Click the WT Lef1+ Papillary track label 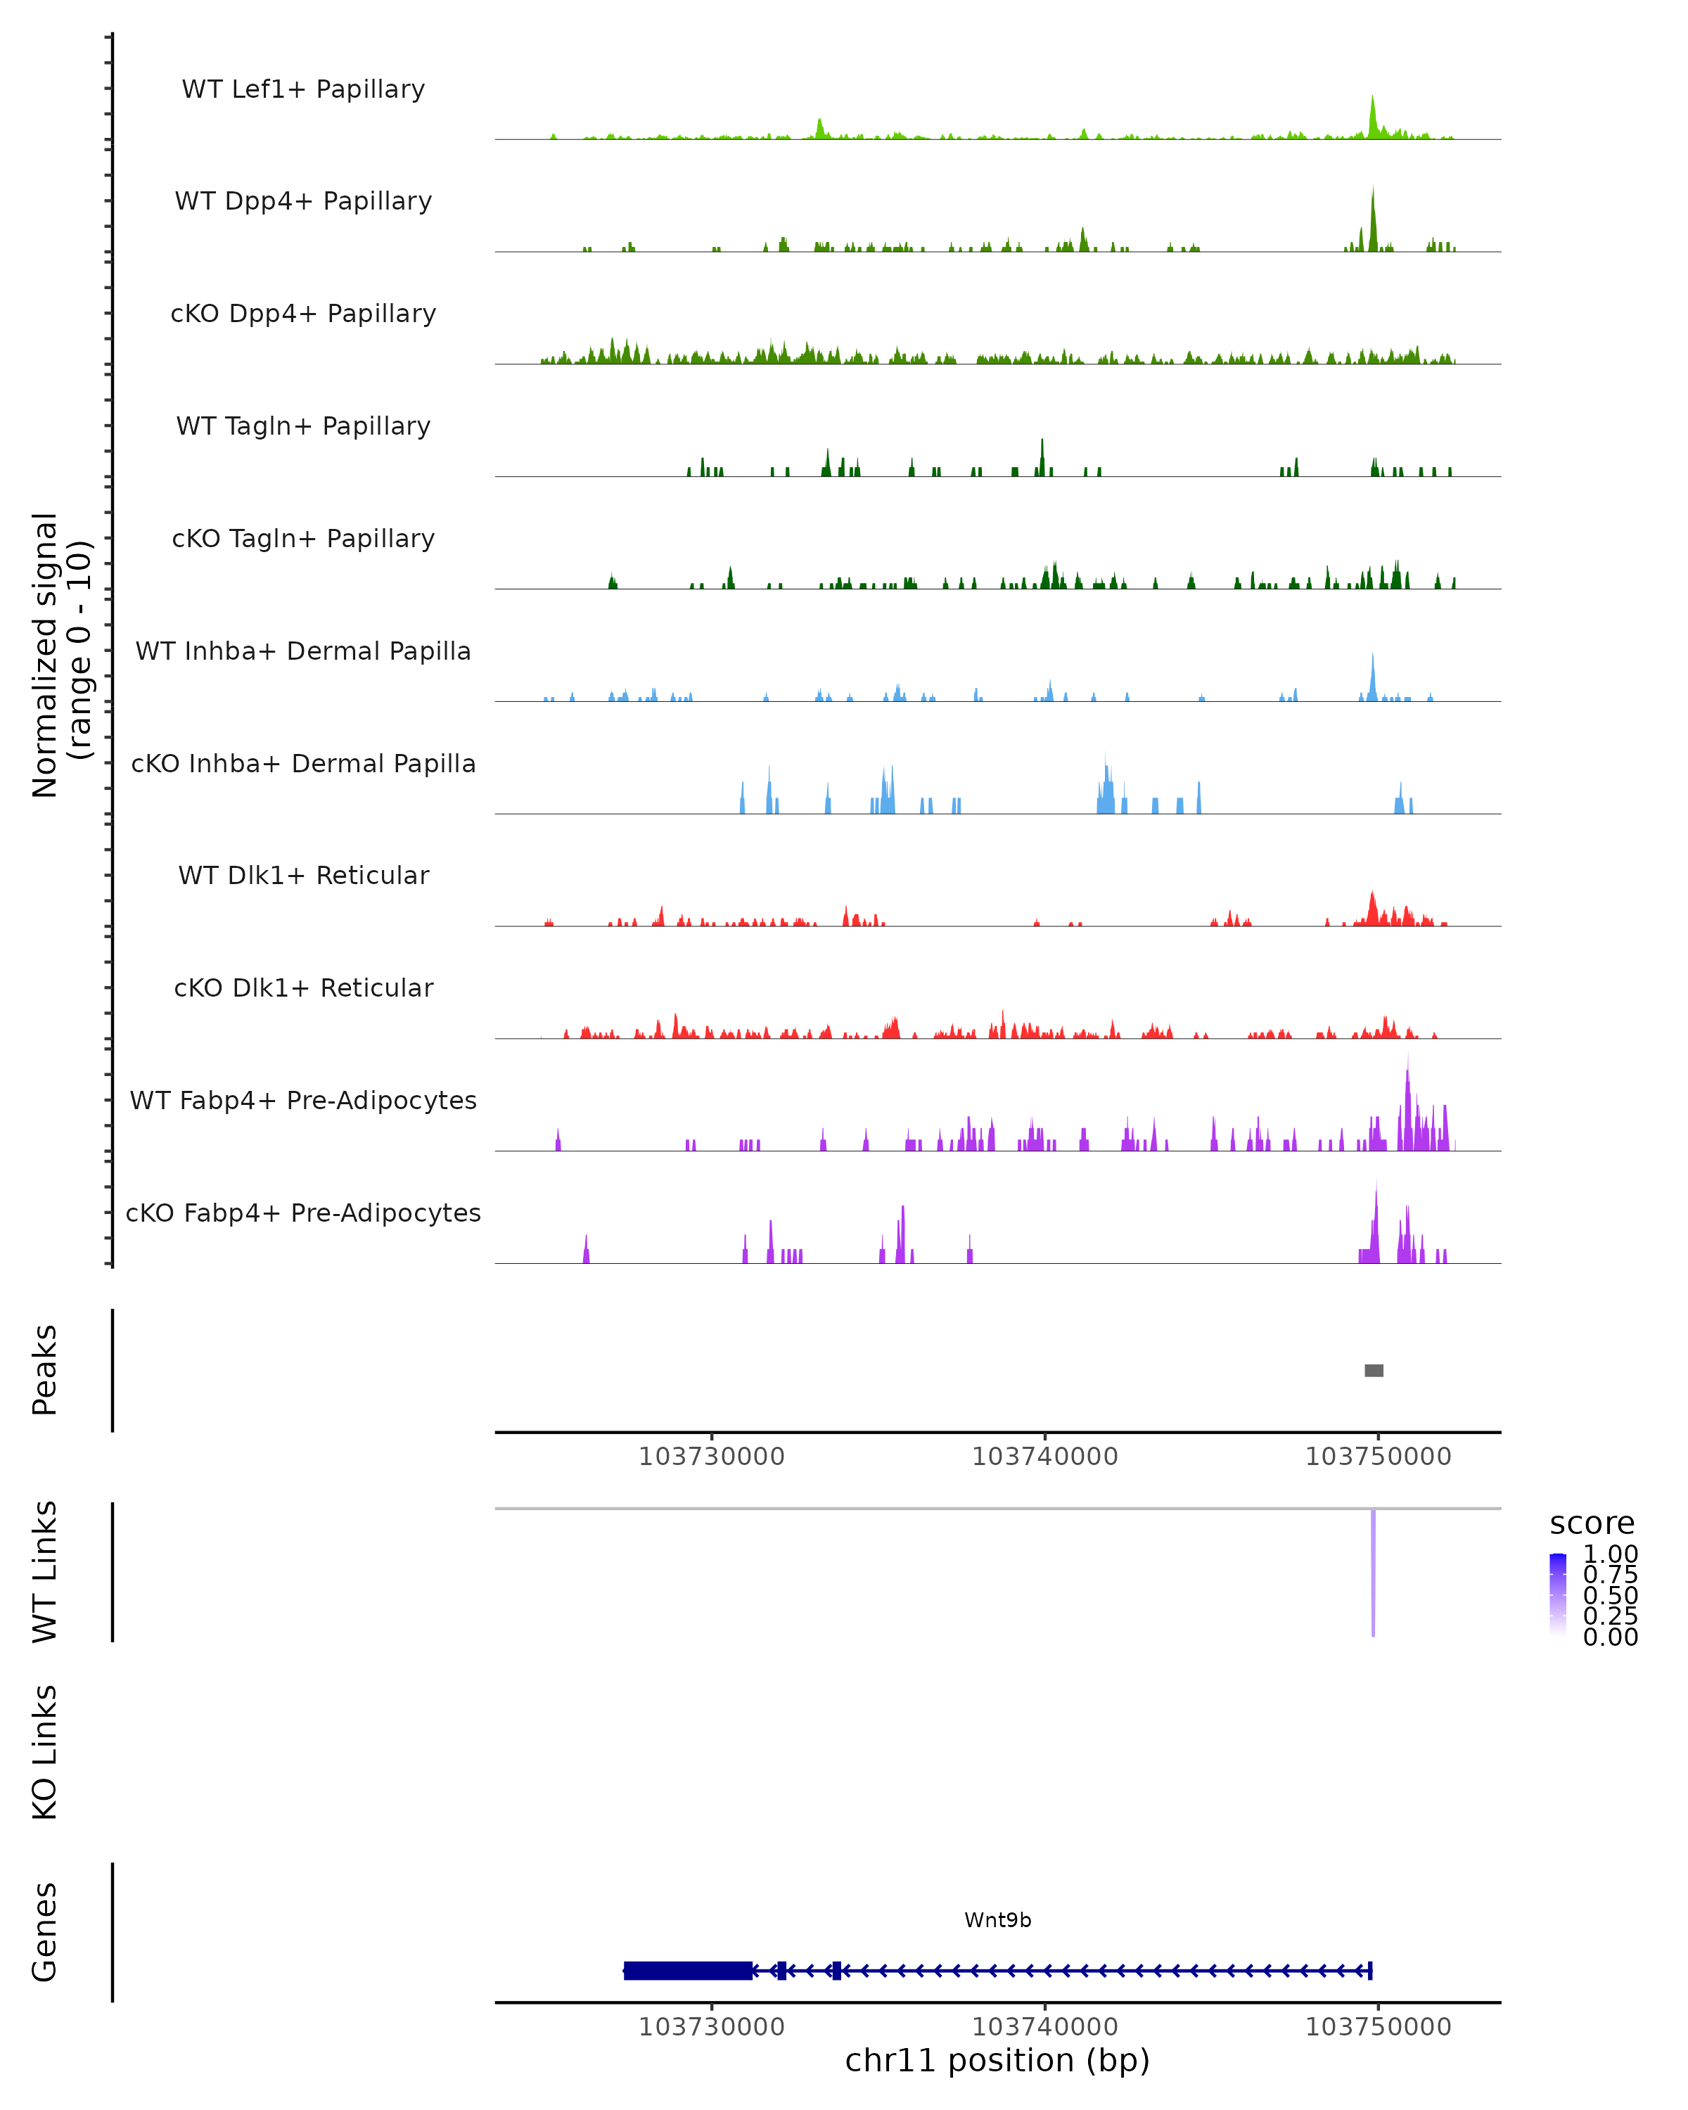tap(303, 89)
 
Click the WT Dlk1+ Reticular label tap(303, 875)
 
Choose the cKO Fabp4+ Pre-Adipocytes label tap(303, 1213)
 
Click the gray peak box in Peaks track tap(1374, 1370)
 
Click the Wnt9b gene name tap(997, 1920)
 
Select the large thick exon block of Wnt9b tap(688, 1971)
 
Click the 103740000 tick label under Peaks tap(1044, 1457)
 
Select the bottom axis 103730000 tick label tap(711, 2027)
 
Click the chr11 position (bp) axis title tap(997, 2061)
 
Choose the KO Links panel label tap(45, 1752)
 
